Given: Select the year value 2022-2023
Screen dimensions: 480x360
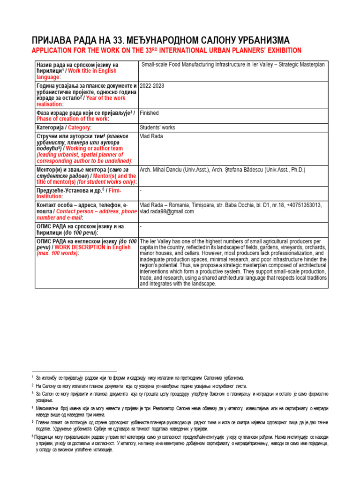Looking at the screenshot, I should click(152, 86).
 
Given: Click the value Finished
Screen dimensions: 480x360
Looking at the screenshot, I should click(150, 113).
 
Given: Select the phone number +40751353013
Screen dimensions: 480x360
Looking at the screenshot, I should click(303, 205).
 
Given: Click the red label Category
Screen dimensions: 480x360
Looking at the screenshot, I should click(80, 127).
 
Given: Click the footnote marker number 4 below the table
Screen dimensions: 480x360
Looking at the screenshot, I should click(33, 408).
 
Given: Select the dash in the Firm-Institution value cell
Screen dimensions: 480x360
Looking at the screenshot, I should click(141, 191).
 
